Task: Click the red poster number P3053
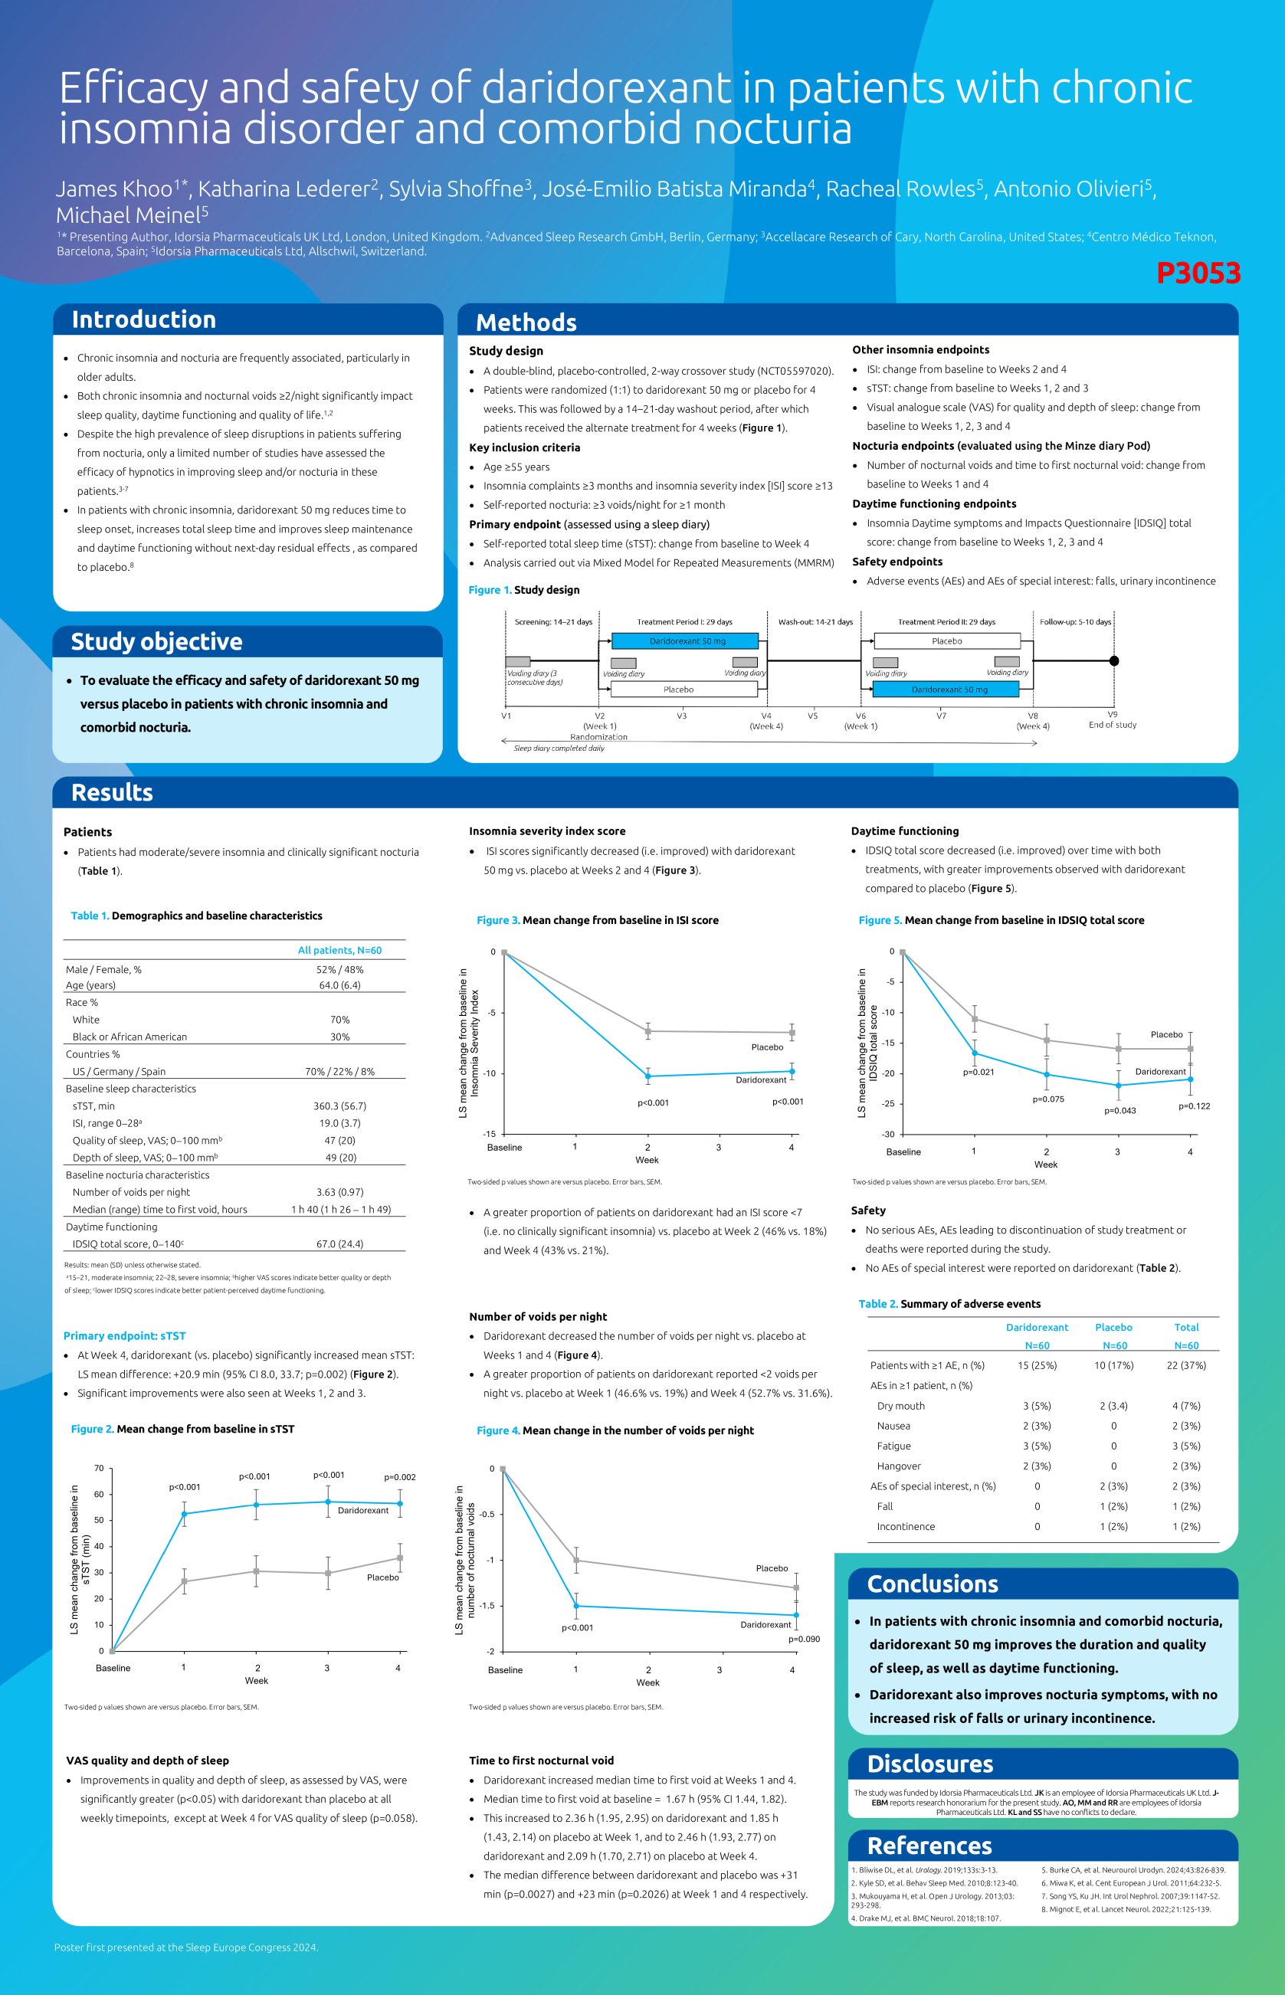point(1198,273)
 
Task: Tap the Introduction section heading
point(143,319)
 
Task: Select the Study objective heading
point(156,641)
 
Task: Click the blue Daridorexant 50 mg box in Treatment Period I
point(686,641)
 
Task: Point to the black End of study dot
point(1114,660)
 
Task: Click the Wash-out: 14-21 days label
point(815,622)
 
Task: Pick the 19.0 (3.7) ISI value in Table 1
point(339,1123)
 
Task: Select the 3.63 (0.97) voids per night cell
point(339,1193)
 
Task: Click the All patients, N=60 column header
point(339,951)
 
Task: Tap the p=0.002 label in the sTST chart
point(400,1477)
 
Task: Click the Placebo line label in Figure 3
point(767,1047)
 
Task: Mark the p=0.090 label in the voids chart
point(804,1639)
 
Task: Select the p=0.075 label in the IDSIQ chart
point(1048,1099)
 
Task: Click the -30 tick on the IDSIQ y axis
point(889,1135)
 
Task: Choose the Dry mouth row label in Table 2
point(900,1406)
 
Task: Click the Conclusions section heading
point(932,1584)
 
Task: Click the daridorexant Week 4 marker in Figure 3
point(792,1072)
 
